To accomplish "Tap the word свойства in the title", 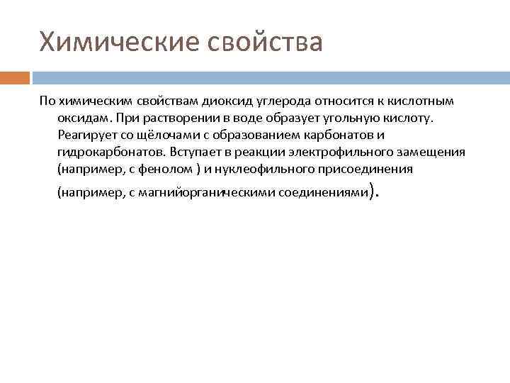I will click(x=265, y=42).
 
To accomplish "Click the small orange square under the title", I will click(x=15, y=77).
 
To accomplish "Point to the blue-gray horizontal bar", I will click(x=270, y=77).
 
